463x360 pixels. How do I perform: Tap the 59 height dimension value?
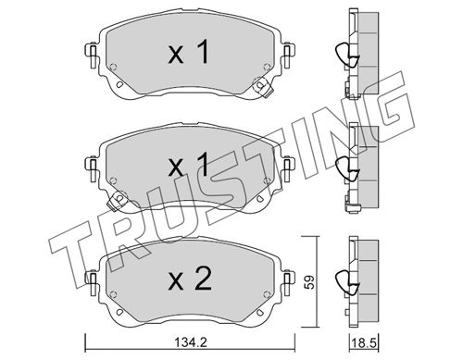point(310,281)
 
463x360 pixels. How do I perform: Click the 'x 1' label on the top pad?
point(189,53)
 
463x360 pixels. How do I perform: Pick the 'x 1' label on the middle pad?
point(189,165)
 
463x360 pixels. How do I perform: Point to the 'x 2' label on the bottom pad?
point(189,279)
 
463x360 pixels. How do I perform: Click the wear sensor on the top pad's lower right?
point(262,87)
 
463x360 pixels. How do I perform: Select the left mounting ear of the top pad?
point(91,55)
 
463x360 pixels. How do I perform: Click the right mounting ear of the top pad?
point(288,55)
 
